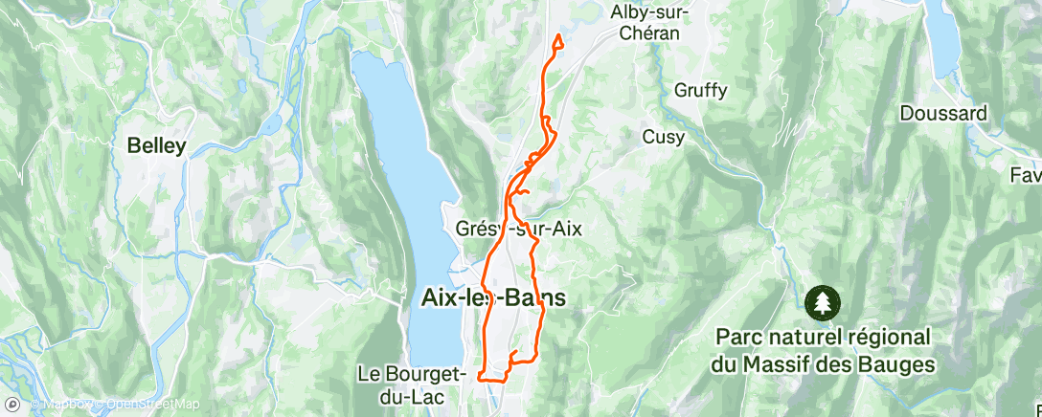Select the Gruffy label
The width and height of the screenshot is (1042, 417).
point(700,91)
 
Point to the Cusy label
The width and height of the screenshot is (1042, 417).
point(663,137)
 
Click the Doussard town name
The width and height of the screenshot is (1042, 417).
point(942,113)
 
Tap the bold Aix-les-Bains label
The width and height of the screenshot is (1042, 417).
point(493,298)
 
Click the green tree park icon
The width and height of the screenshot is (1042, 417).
point(821,302)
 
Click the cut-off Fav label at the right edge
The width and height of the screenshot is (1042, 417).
point(1025,176)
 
